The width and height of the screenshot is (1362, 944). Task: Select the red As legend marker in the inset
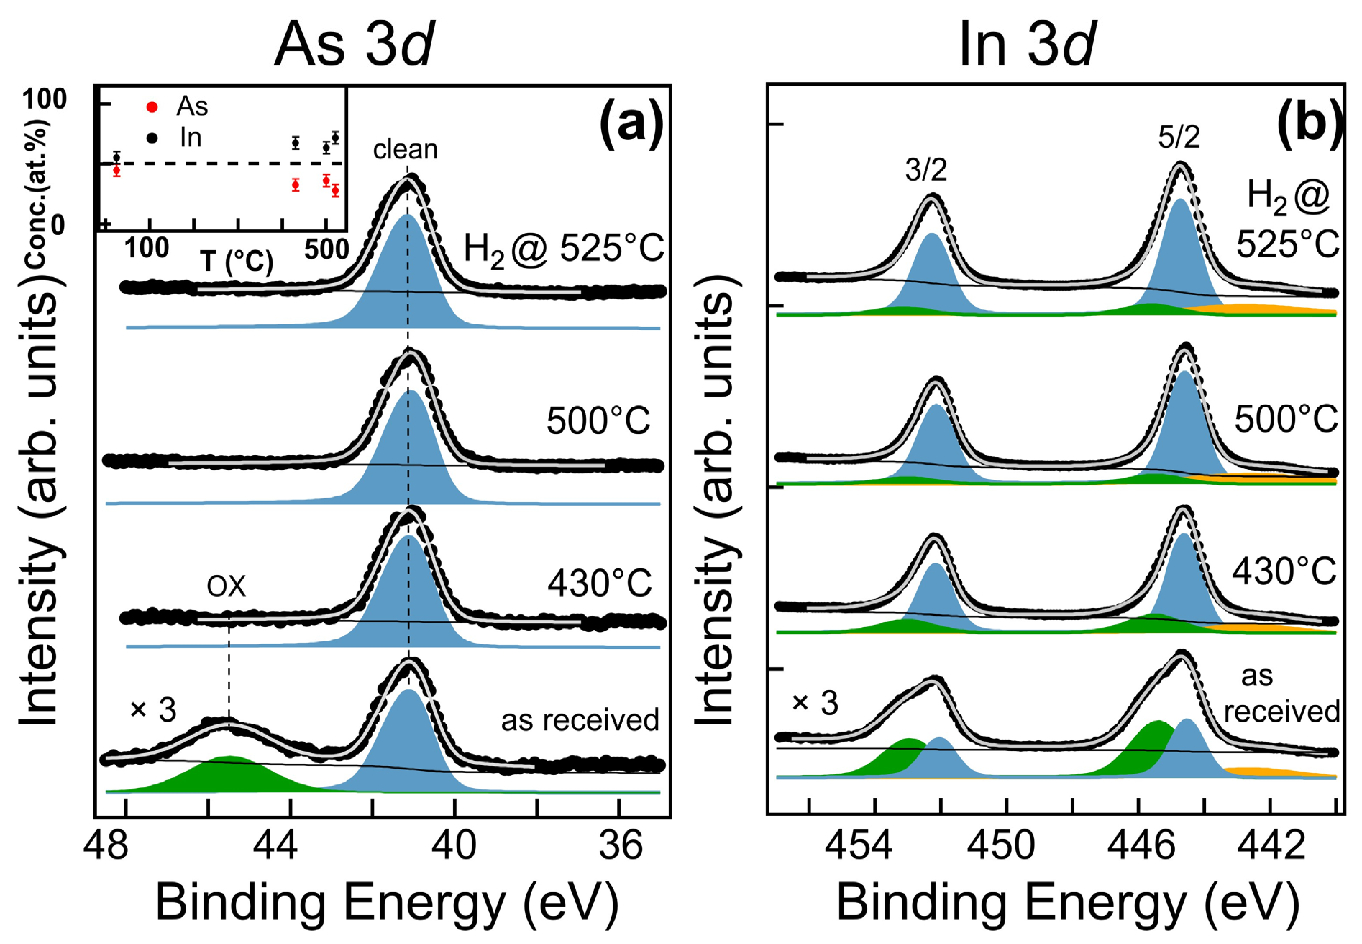pyautogui.click(x=152, y=107)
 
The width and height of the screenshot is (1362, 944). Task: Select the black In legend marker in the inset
pyautogui.click(x=152, y=138)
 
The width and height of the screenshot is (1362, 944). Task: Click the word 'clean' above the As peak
pyautogui.click(x=405, y=149)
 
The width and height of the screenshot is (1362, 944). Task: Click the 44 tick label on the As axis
pyautogui.click(x=275, y=846)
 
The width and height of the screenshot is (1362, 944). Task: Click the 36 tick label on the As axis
pyautogui.click(x=620, y=846)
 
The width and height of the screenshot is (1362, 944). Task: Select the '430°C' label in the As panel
pyautogui.click(x=599, y=584)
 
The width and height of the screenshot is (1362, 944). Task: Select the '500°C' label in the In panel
pyautogui.click(x=1285, y=420)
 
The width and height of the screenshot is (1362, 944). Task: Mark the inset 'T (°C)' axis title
pyautogui.click(x=237, y=261)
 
